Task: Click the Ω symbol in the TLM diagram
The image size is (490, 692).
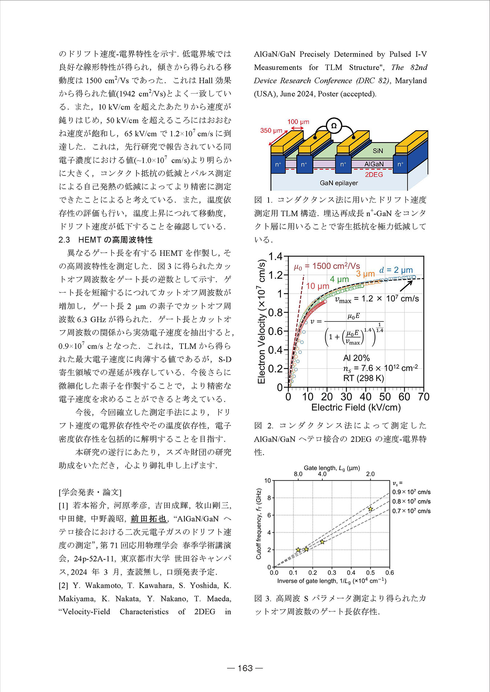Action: [334, 126]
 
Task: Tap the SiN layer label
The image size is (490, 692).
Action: [377, 151]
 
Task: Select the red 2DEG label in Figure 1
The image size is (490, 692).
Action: [373, 174]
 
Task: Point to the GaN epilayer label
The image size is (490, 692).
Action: [339, 183]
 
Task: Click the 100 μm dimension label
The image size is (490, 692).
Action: [298, 122]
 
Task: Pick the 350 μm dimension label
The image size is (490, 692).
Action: [271, 130]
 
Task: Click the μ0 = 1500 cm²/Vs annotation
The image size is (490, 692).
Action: [327, 266]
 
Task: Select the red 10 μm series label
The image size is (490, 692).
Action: [318, 286]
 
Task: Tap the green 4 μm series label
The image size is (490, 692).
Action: [339, 279]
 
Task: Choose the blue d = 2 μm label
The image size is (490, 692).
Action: [396, 270]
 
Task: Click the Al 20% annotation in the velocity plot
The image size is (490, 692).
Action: [356, 358]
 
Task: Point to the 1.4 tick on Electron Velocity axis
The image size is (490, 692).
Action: [275, 257]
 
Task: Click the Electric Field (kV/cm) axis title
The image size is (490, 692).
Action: [356, 407]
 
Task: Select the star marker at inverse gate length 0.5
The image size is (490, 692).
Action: [370, 509]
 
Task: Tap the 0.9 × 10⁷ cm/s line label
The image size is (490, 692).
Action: [411, 492]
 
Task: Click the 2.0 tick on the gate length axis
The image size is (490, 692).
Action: [370, 474]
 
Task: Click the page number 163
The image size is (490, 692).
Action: [245, 668]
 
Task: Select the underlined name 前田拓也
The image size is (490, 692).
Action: [148, 519]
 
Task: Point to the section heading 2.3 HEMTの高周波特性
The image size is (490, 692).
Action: [106, 240]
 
